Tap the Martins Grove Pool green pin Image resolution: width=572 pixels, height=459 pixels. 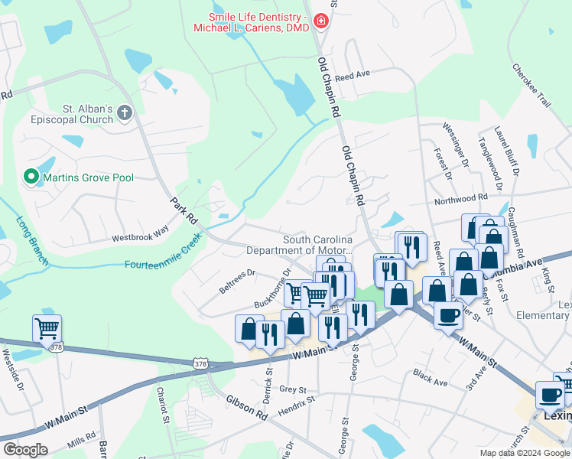(x=31, y=177)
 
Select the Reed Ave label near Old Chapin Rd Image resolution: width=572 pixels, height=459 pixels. (x=353, y=76)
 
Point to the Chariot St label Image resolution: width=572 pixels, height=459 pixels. (x=163, y=404)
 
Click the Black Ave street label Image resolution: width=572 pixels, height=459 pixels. (x=430, y=376)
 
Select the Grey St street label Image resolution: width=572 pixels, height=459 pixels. (x=292, y=389)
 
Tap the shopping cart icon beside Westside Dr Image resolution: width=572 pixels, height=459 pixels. (x=47, y=329)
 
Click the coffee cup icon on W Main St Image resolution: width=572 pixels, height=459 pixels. (x=447, y=315)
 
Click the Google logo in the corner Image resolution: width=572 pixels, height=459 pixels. (x=25, y=450)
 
